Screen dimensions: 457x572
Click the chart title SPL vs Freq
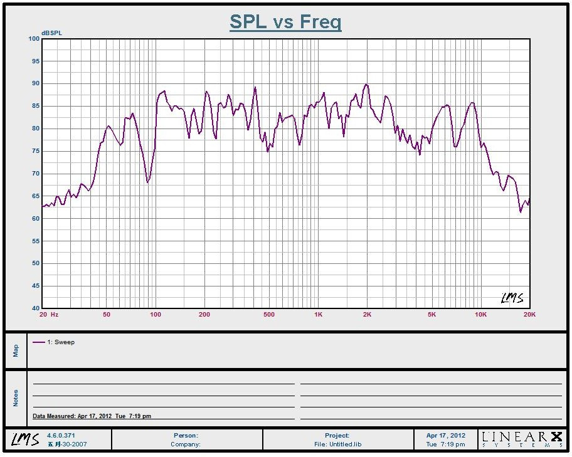(x=285, y=21)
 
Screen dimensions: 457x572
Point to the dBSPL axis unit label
(x=52, y=33)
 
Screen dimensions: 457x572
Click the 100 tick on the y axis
(x=33, y=39)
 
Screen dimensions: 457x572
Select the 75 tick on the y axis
(x=35, y=151)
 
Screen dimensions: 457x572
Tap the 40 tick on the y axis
(x=35, y=308)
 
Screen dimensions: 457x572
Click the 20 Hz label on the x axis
(x=49, y=314)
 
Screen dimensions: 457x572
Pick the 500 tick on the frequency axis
(x=268, y=314)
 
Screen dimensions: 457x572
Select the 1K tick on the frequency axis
(x=318, y=314)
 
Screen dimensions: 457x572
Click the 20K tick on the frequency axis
(x=529, y=314)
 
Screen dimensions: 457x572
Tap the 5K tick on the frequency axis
(x=432, y=314)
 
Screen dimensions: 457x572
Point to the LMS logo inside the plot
(x=512, y=298)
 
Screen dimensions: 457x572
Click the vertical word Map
(x=16, y=350)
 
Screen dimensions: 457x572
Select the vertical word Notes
(x=16, y=398)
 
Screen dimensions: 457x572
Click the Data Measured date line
(x=92, y=416)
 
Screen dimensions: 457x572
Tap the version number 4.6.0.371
(x=61, y=435)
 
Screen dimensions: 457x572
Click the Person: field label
(x=186, y=435)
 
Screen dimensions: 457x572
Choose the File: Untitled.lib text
(x=337, y=444)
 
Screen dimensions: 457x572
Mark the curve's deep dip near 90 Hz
(x=148, y=182)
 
